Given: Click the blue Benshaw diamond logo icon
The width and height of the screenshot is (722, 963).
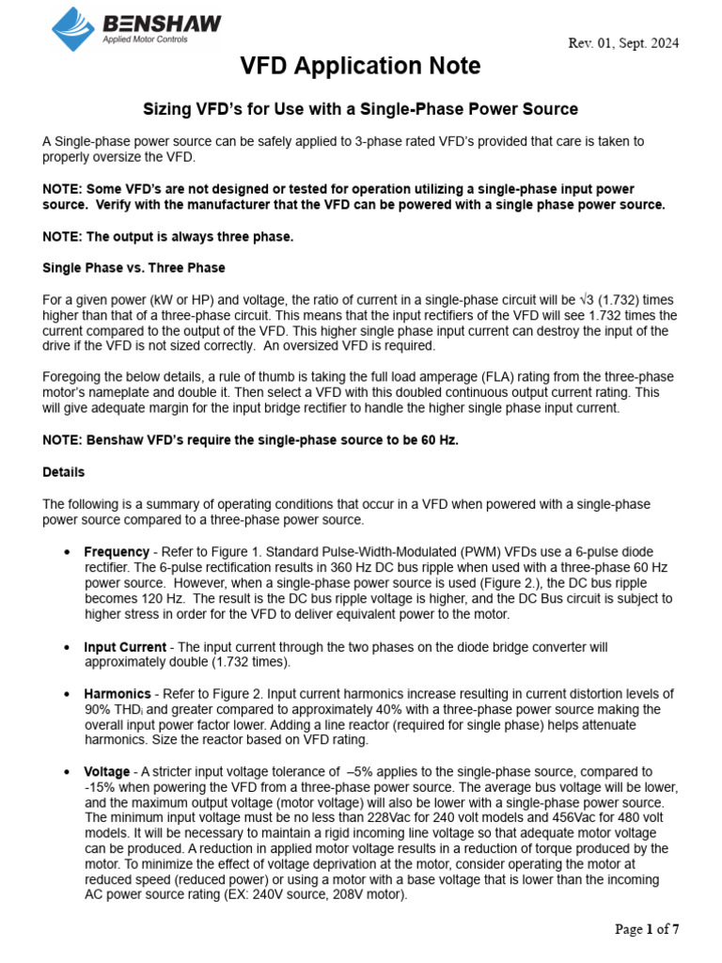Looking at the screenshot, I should (x=74, y=28).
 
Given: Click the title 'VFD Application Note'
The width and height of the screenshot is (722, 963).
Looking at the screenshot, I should (x=360, y=67).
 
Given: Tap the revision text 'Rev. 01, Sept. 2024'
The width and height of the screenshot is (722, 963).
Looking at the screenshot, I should (x=624, y=43).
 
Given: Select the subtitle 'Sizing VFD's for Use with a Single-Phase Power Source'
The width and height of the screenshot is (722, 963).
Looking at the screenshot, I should (x=360, y=109).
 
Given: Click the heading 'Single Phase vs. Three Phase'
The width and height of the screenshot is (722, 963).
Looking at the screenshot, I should (x=133, y=268).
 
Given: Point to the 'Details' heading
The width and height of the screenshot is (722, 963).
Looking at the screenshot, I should (x=63, y=472).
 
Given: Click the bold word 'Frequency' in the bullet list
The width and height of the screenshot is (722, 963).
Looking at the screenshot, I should (x=117, y=552).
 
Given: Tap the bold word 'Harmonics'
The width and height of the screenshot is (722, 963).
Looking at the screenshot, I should (x=118, y=694).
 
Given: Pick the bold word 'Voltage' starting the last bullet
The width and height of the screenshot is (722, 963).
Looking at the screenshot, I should (x=107, y=772).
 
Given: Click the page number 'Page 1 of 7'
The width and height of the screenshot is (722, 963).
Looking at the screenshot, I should (x=647, y=929).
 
